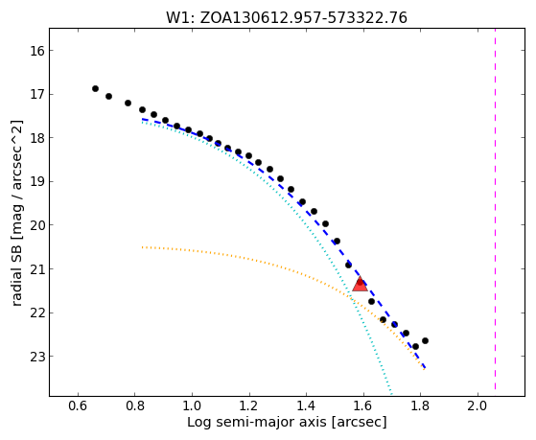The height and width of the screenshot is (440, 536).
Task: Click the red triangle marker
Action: [x=360, y=285]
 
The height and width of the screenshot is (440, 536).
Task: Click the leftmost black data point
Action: [x=95, y=88]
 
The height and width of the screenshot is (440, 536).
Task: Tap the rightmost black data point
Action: [x=425, y=340]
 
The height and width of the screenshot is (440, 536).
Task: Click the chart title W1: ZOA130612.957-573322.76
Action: [x=287, y=17]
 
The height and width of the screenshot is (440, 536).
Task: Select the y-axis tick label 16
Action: [x=37, y=51]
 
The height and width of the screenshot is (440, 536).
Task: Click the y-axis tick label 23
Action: [x=37, y=357]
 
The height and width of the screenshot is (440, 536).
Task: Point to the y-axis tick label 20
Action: [x=37, y=225]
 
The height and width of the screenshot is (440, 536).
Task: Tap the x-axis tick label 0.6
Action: [x=78, y=405]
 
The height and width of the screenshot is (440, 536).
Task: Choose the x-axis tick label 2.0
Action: [x=478, y=405]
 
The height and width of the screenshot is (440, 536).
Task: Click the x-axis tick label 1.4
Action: [x=306, y=405]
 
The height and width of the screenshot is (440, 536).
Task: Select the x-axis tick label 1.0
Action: [x=192, y=405]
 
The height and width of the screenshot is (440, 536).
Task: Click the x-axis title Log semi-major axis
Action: [x=257, y=423]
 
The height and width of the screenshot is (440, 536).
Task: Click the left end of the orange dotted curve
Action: [x=142, y=246]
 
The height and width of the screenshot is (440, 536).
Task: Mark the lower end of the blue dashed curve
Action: [x=425, y=367]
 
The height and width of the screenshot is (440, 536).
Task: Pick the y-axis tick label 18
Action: [x=37, y=138]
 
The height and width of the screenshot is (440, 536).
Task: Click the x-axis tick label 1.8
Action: [x=421, y=405]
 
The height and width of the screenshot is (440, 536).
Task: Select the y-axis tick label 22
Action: [x=37, y=313]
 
